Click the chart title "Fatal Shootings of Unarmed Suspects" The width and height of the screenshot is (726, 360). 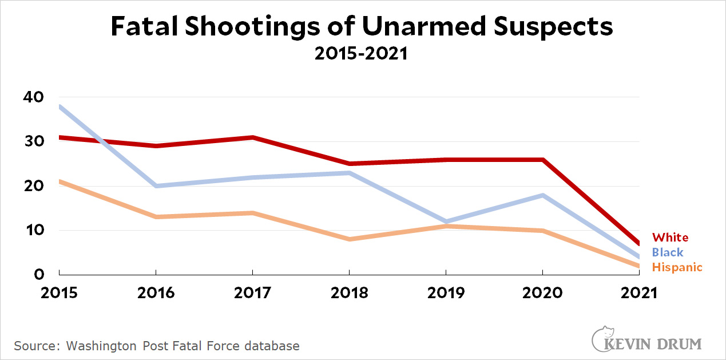[362, 27]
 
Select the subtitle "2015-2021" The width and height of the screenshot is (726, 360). [362, 53]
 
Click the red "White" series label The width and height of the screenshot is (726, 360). [671, 238]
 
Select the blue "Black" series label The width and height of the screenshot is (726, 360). [668, 252]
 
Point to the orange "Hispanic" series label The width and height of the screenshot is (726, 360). [677, 267]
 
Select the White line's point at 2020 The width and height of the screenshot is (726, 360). [542, 160]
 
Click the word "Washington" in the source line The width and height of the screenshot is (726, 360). [101, 346]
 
